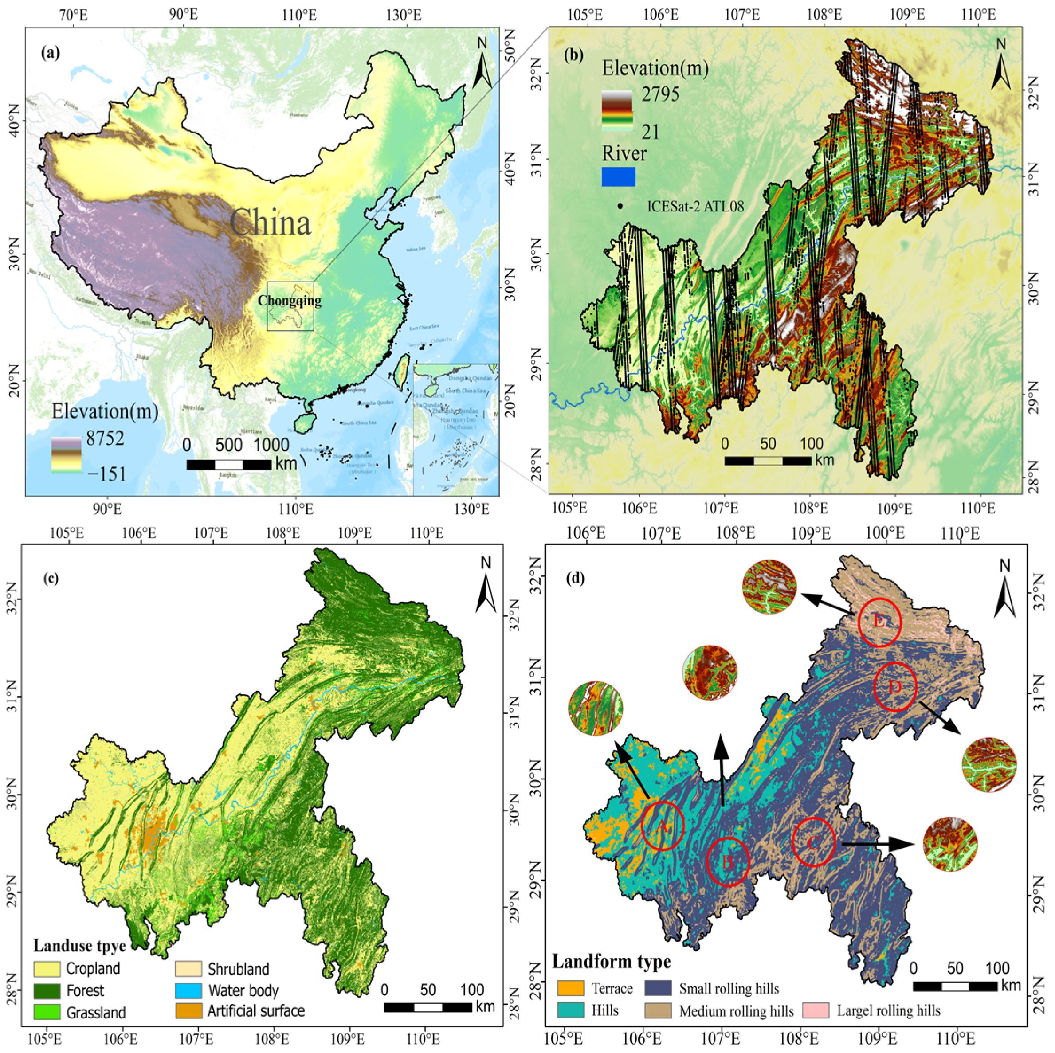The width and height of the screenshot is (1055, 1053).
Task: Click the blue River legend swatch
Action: (618, 177)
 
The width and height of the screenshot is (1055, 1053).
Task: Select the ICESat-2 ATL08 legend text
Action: (695, 206)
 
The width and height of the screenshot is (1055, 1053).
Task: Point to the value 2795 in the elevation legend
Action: (660, 94)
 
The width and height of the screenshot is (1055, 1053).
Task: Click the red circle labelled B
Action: (728, 862)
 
